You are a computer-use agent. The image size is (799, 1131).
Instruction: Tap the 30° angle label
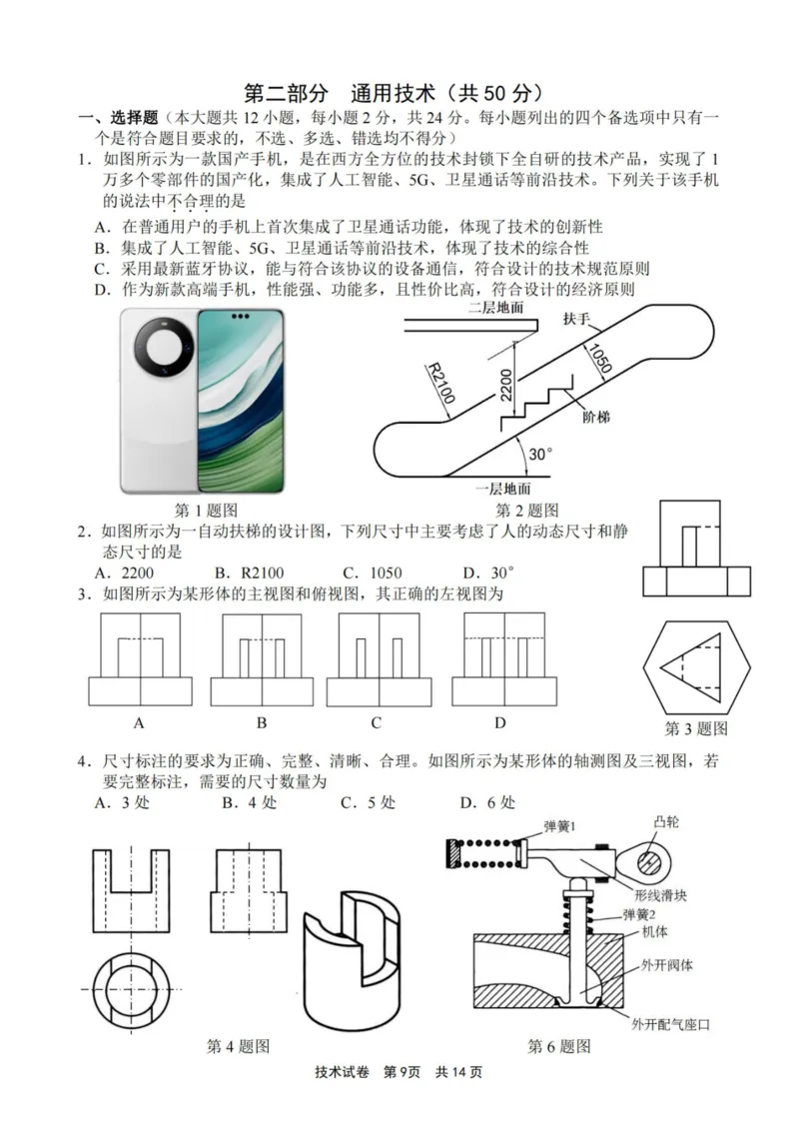pos(540,454)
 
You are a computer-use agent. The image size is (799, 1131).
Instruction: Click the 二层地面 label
pos(496,309)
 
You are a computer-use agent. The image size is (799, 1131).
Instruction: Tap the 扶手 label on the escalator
pos(576,319)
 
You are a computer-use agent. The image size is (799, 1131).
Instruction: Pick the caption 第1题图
pos(206,510)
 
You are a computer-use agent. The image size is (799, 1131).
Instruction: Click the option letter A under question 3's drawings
pos(139,722)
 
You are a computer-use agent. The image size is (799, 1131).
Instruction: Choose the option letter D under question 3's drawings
pos(499,722)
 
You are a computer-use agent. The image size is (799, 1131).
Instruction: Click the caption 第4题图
pos(238,1046)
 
